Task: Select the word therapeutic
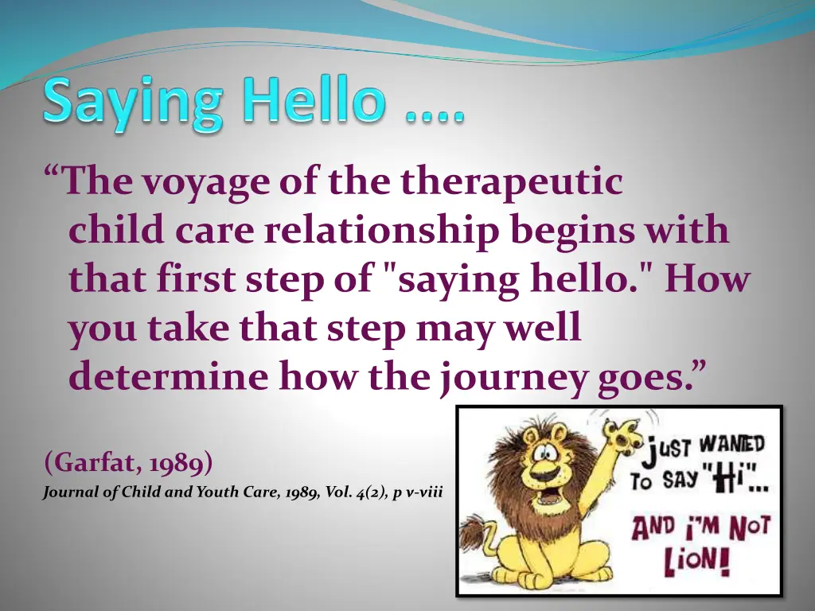pyautogui.click(x=511, y=182)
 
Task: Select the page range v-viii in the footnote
pyautogui.click(x=423, y=492)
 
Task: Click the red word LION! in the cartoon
pyautogui.click(x=699, y=563)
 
